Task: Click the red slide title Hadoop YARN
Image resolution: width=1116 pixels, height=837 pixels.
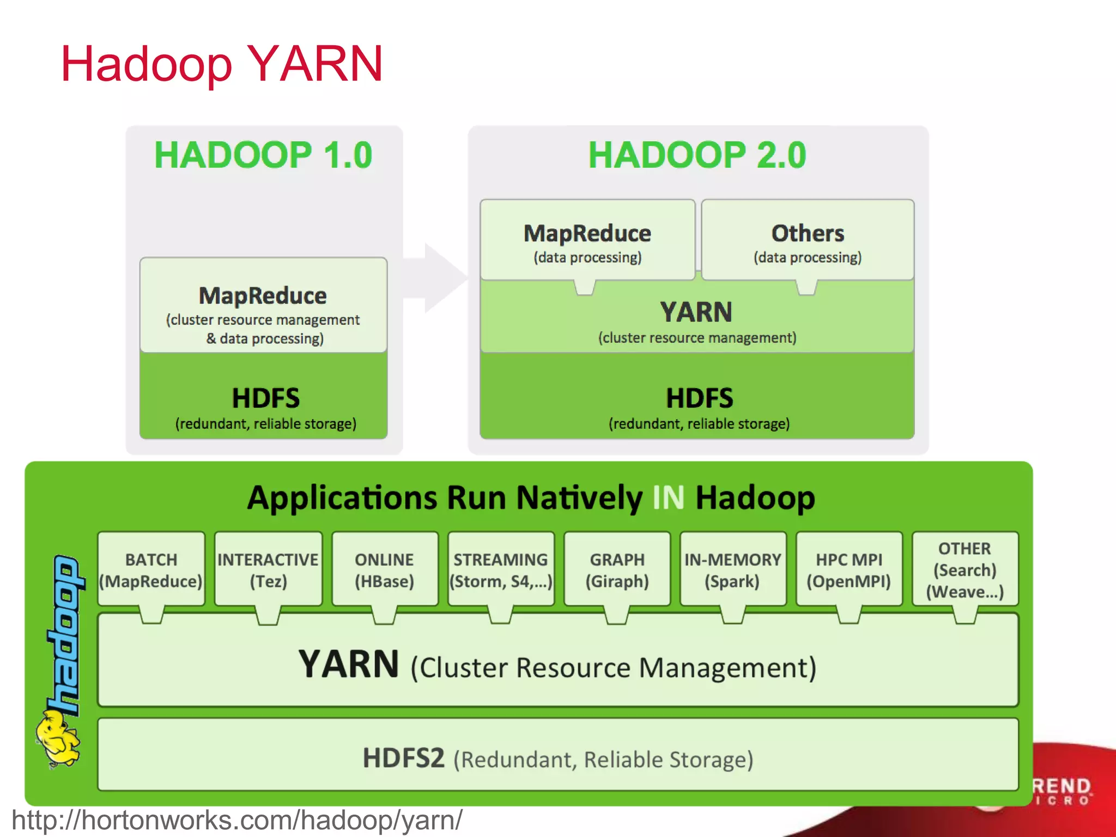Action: click(x=222, y=64)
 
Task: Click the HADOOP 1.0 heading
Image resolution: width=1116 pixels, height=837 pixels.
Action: click(x=263, y=155)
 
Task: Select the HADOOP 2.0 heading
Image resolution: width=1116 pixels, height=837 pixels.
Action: click(x=697, y=155)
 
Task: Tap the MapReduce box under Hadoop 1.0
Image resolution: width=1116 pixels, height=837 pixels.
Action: click(x=263, y=305)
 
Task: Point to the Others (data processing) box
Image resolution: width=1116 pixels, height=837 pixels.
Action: click(x=808, y=240)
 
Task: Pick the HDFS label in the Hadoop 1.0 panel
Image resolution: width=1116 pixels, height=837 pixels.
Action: click(x=265, y=398)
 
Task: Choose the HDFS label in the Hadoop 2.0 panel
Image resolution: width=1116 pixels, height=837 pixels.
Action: click(x=699, y=398)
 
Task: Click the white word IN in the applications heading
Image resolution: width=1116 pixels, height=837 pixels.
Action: click(x=668, y=498)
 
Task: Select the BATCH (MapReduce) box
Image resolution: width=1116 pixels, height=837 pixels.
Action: click(x=151, y=569)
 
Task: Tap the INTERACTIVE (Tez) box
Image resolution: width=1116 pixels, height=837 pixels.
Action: click(x=268, y=569)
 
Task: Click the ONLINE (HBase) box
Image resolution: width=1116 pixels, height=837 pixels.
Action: click(x=385, y=569)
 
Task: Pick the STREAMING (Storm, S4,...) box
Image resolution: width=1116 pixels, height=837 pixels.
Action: click(x=501, y=569)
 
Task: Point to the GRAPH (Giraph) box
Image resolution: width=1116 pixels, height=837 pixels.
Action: click(x=617, y=569)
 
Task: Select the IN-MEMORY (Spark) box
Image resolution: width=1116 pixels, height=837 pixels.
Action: click(x=733, y=569)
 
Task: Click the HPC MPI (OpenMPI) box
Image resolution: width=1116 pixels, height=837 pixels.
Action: click(x=849, y=569)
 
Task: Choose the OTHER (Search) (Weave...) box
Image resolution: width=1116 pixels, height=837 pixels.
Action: click(x=965, y=569)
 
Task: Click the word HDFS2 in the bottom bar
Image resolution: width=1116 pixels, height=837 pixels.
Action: click(x=404, y=758)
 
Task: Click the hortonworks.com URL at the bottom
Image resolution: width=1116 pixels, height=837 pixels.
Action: click(x=237, y=820)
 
